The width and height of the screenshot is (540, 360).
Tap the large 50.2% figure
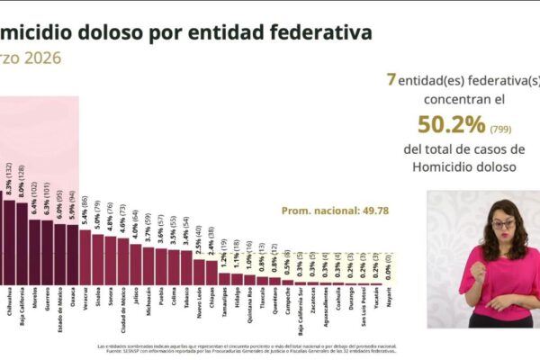(x=447, y=125)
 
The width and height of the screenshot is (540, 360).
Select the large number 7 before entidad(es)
(x=391, y=79)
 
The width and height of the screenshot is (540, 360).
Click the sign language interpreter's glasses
(x=501, y=224)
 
